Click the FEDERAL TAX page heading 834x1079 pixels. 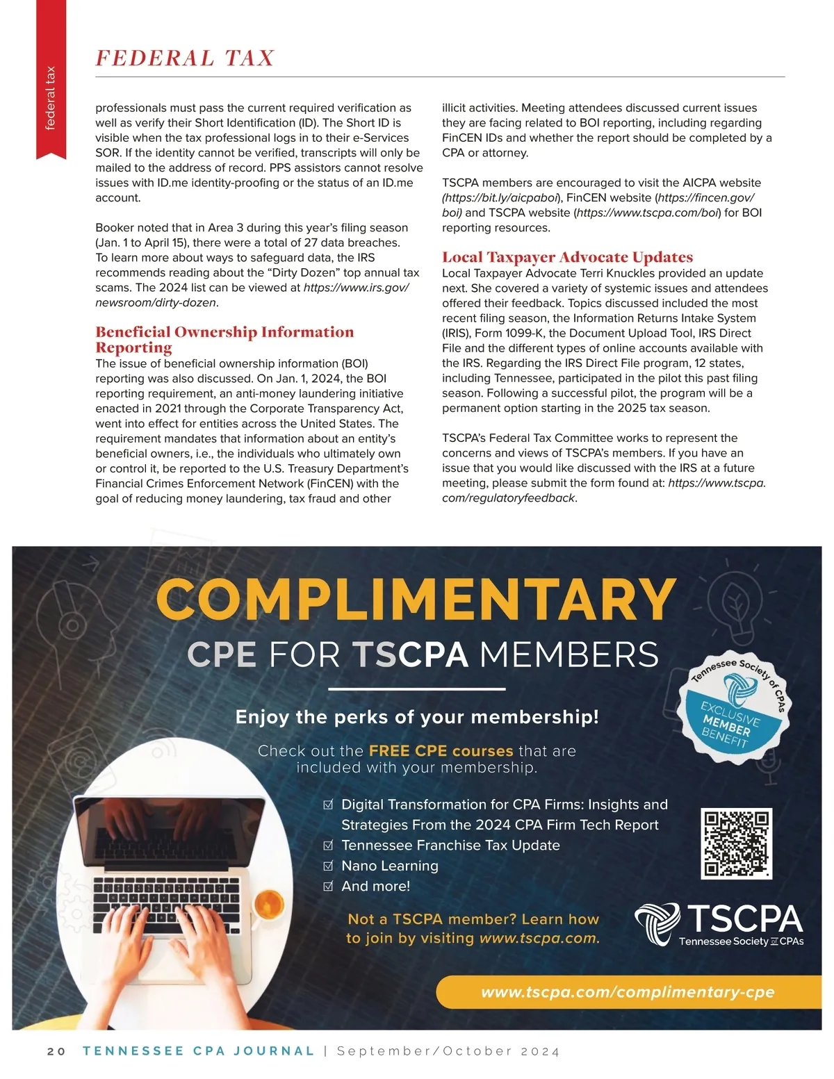(x=185, y=58)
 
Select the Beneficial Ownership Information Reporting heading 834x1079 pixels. (x=224, y=339)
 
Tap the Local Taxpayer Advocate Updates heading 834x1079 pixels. (x=567, y=257)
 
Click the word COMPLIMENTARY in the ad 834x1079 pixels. (x=416, y=599)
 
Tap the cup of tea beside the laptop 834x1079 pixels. (x=268, y=905)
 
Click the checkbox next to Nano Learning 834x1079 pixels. (x=329, y=866)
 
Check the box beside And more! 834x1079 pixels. (x=329, y=887)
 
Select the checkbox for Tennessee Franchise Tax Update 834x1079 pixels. (x=329, y=846)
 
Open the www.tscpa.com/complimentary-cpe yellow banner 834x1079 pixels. (x=628, y=992)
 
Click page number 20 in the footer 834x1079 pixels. (x=56, y=1051)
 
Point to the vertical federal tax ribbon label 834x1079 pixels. (x=51, y=97)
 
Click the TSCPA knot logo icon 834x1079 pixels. (x=657, y=923)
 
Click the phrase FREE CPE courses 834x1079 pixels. (x=441, y=751)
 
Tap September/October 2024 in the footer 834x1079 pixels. (x=448, y=1051)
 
